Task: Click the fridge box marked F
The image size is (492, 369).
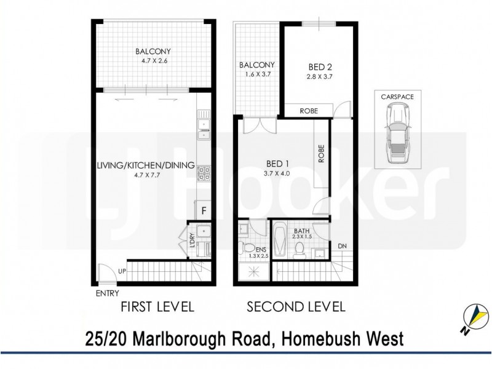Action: click(204, 210)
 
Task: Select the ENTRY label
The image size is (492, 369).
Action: click(107, 293)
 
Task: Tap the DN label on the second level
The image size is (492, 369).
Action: click(342, 247)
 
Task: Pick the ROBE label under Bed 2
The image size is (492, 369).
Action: click(308, 111)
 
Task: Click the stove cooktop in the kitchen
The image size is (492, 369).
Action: click(204, 174)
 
